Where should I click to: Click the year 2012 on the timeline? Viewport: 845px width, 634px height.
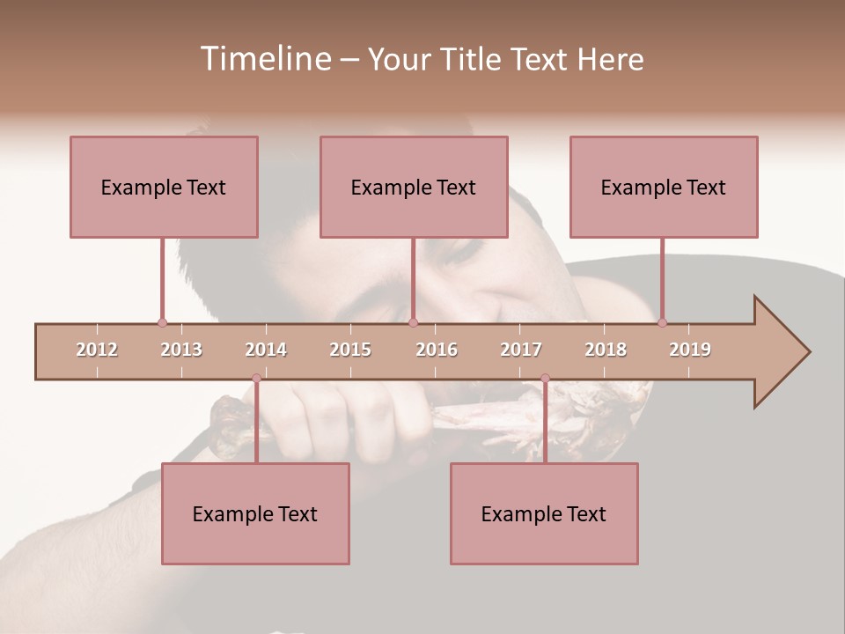coord(97,350)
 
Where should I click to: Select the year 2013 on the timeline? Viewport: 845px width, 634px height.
coord(181,350)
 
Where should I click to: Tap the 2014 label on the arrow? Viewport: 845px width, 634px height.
coord(266,350)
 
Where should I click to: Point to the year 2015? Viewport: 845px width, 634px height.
coord(350,350)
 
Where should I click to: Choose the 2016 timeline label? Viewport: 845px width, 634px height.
coord(437,350)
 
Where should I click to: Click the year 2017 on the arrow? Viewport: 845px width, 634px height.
coord(521,350)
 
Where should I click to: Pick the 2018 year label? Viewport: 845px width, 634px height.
coord(606,350)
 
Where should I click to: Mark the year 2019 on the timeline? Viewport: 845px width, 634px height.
coord(690,350)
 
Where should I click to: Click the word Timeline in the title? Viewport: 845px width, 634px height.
coord(265,59)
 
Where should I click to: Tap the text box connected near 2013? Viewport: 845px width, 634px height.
coord(164,187)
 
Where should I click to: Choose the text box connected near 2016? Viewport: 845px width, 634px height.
coord(414,187)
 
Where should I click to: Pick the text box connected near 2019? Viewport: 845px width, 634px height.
coord(664,187)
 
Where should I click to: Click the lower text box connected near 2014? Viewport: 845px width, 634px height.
coord(255,513)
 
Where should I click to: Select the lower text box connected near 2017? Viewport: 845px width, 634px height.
coord(544,513)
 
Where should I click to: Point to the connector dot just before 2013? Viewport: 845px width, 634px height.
coord(162,322)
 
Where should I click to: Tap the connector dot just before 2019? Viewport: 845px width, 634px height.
coord(662,322)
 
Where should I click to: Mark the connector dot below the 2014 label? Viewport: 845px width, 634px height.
coord(256,379)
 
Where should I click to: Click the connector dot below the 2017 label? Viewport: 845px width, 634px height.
coord(545,379)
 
